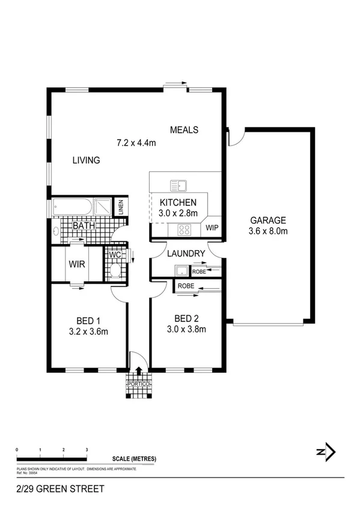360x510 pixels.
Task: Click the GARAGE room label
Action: [x=268, y=220]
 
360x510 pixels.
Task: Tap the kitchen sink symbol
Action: [x=178, y=185]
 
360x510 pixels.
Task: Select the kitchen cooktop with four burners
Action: [x=184, y=229]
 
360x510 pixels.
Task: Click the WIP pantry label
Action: [x=212, y=229]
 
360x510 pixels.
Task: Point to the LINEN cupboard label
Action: [x=121, y=207]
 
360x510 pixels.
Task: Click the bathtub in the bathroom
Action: [x=72, y=207]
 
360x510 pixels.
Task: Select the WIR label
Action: [x=76, y=263]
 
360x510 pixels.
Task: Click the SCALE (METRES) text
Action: [x=134, y=459]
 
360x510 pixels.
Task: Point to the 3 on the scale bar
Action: [x=87, y=450]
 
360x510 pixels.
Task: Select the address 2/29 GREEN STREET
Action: [x=56, y=489]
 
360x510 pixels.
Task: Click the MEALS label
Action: [x=184, y=130]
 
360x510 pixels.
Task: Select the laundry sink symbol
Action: [x=180, y=272]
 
